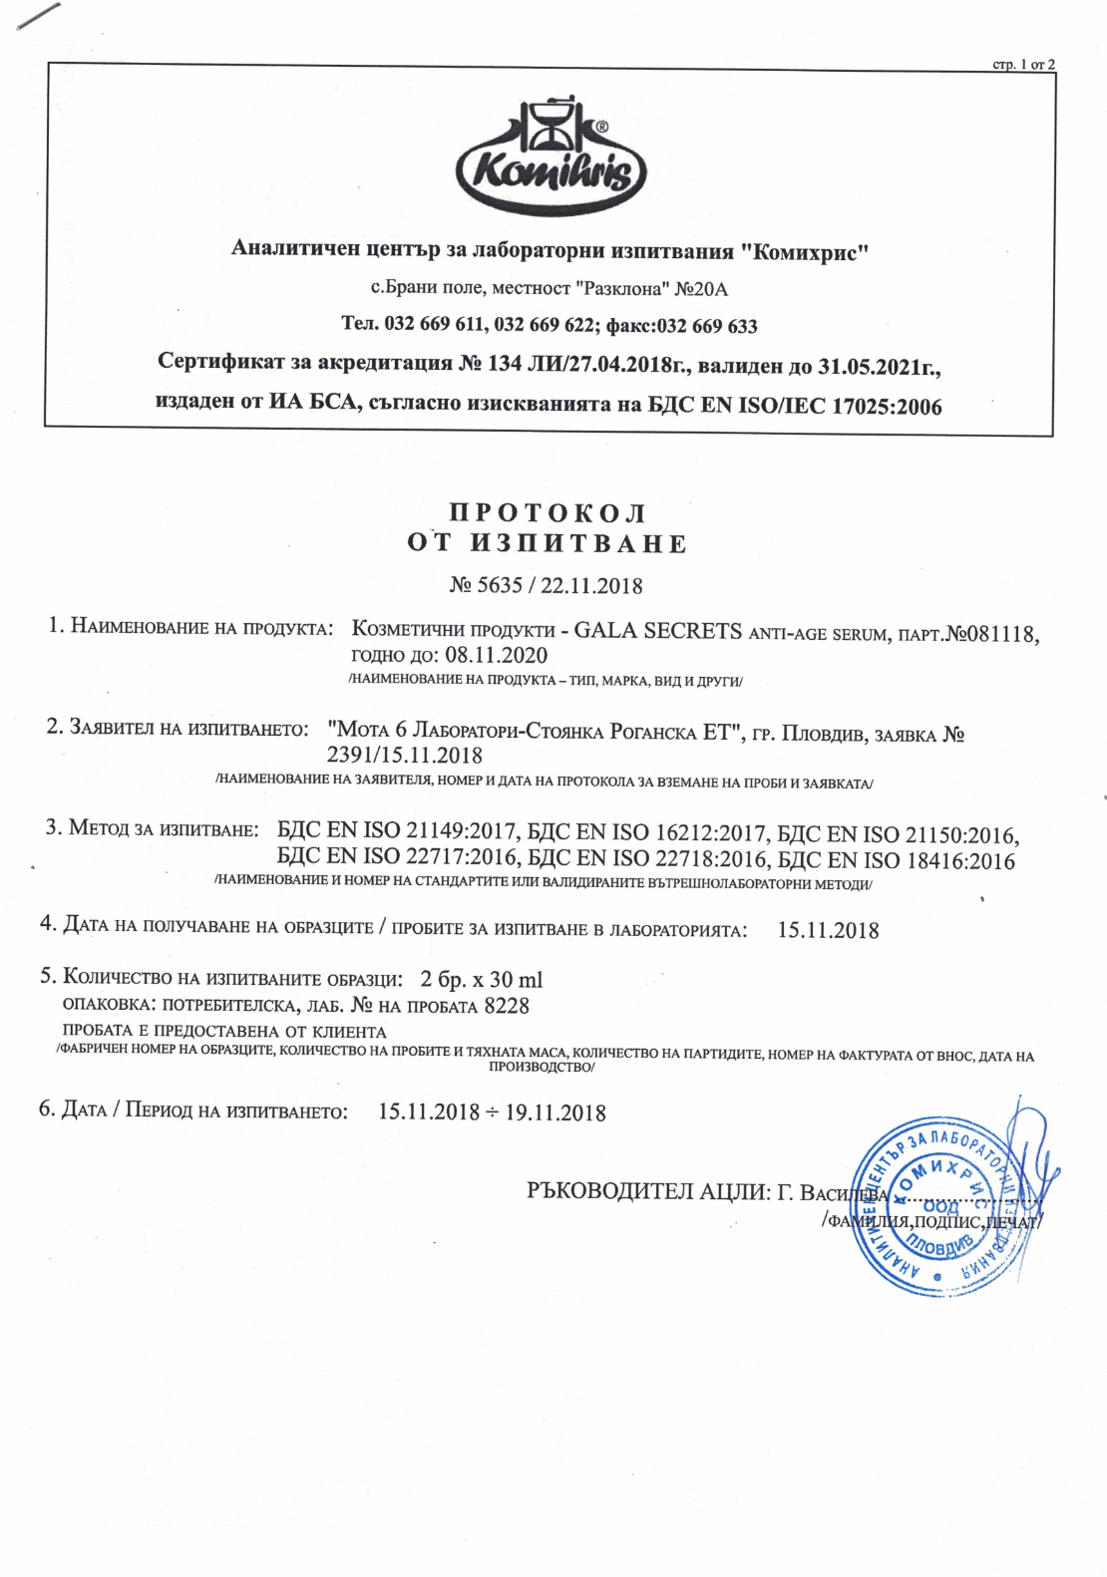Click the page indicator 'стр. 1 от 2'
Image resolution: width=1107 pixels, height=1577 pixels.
point(1023,65)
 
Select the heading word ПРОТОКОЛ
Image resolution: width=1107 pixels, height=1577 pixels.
point(548,513)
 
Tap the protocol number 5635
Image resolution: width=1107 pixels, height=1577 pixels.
point(500,585)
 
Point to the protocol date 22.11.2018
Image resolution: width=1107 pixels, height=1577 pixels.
point(591,585)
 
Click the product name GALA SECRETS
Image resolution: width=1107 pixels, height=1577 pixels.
point(657,631)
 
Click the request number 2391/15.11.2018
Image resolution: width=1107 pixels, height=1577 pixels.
point(404,756)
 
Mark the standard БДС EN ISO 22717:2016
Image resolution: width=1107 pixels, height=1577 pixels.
point(397,856)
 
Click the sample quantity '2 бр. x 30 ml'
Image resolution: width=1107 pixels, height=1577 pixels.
point(482,979)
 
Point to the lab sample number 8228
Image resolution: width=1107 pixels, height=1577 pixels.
point(507,1006)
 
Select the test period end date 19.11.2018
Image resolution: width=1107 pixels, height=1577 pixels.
point(555,1112)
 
